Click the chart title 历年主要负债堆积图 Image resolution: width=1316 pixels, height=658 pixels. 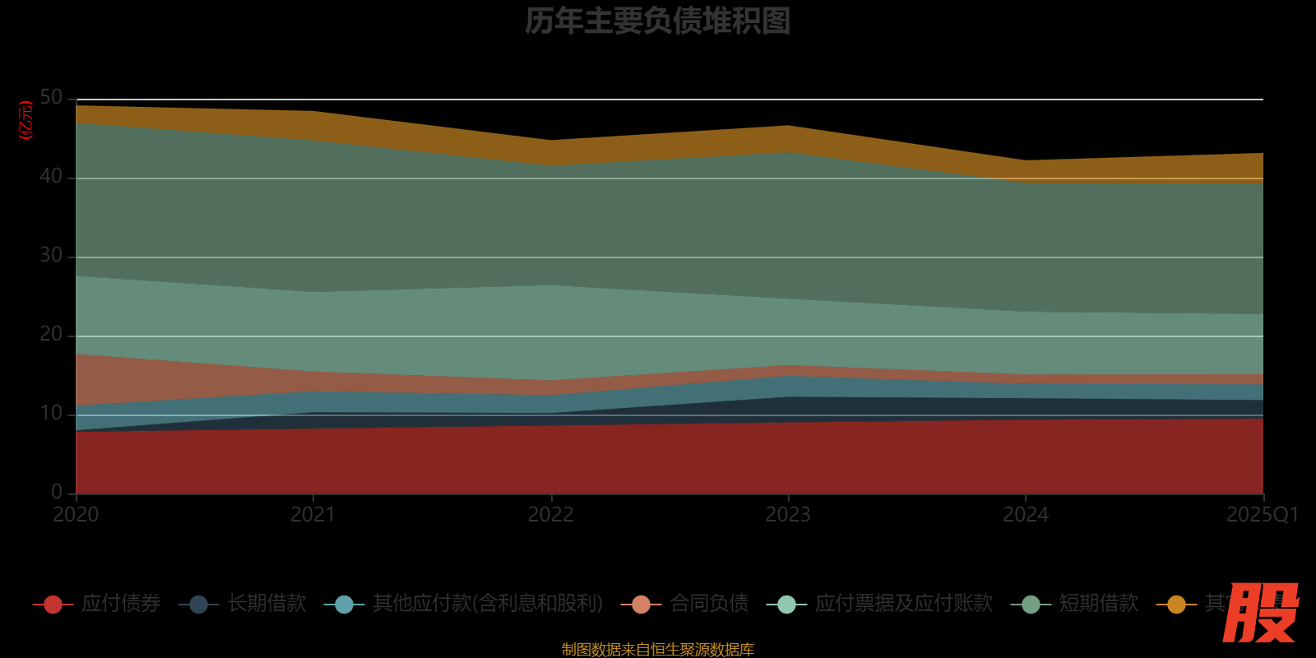coord(657,21)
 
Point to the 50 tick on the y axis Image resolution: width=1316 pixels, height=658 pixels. coord(51,98)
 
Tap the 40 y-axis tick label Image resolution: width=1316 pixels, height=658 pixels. coord(51,177)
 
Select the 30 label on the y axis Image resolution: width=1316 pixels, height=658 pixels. coord(51,256)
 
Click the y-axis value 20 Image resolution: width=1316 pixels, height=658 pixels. coord(51,335)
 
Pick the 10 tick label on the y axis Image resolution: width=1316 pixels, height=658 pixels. coord(51,414)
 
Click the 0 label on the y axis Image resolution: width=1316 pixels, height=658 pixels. coord(57,492)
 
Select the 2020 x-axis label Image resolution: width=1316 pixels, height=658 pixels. coord(76,515)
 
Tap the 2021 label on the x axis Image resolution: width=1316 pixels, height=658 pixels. coord(313,515)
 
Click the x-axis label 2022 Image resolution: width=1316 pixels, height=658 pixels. coord(550,515)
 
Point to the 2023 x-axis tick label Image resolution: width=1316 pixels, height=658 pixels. coord(788,515)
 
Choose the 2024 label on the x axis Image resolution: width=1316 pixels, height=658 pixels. coord(1026,515)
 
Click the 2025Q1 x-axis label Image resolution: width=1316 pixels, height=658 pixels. coord(1262,515)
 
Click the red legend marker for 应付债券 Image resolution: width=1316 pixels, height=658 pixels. coord(53,605)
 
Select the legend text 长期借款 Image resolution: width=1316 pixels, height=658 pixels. coord(266,604)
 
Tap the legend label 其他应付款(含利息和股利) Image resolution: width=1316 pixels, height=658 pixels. coord(488,604)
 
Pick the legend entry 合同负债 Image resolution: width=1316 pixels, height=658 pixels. coord(709,604)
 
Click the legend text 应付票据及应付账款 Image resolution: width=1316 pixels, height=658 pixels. coord(904,604)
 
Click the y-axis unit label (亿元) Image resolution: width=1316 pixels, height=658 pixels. coord(26,120)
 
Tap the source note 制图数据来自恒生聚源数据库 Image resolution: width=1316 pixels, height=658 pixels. coord(657,650)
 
